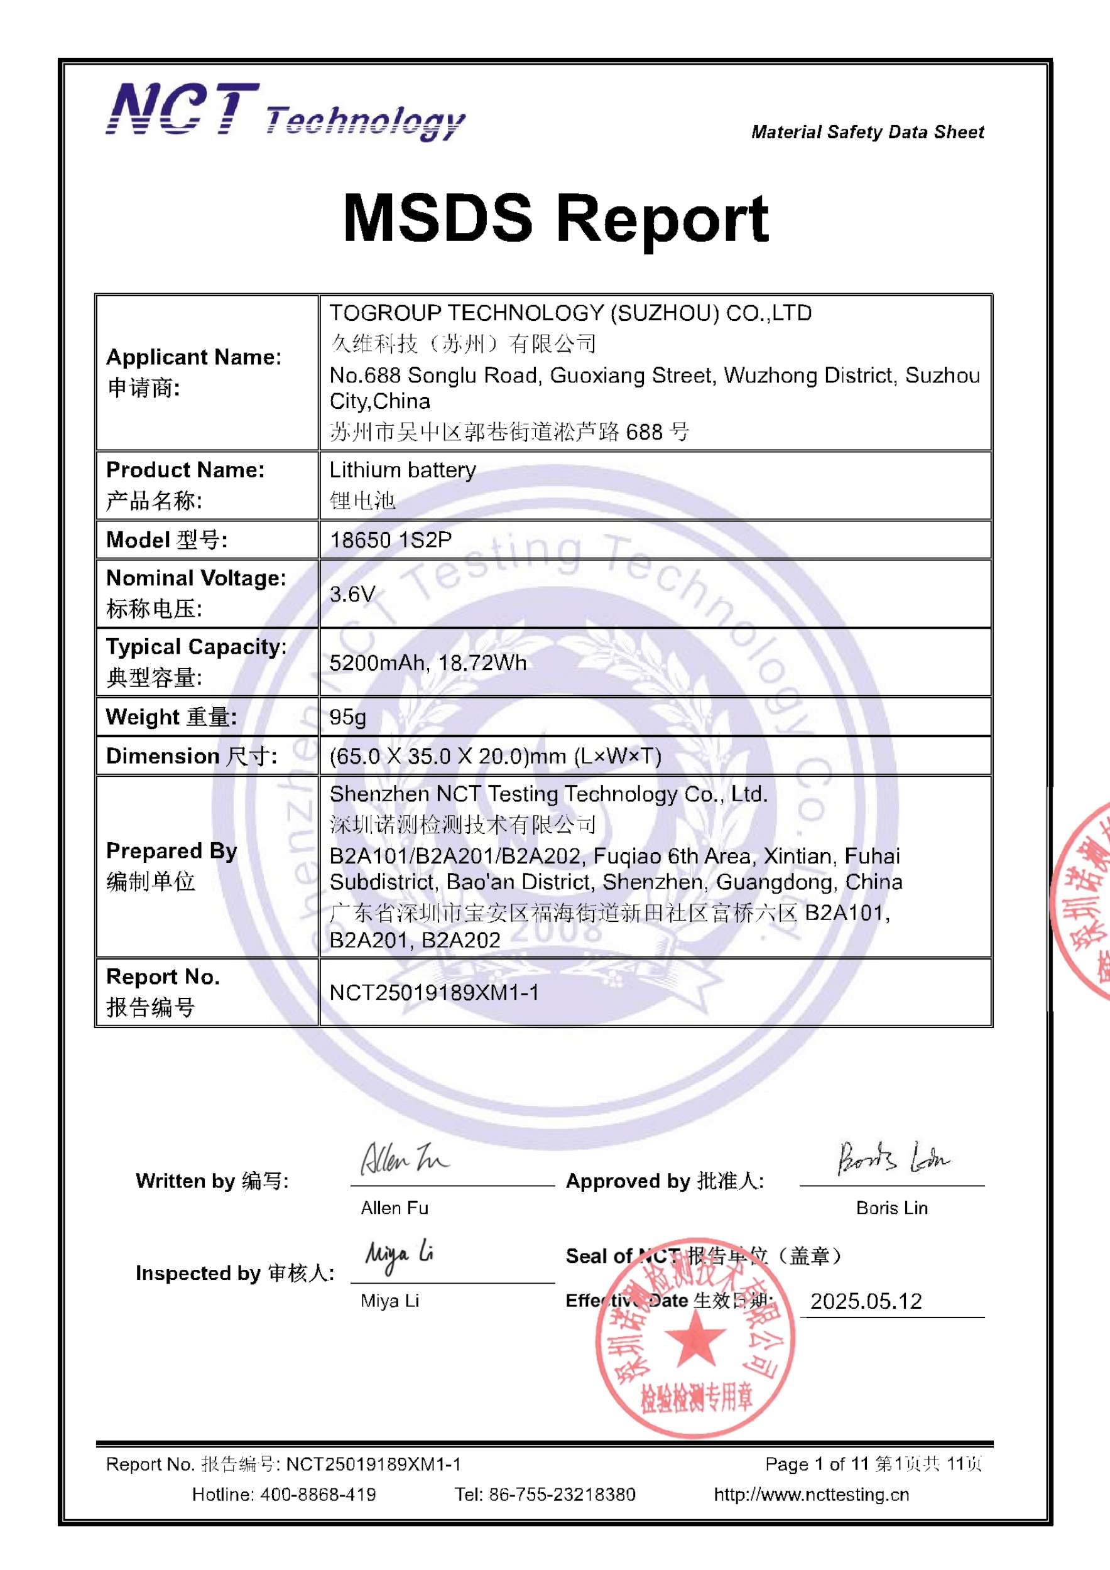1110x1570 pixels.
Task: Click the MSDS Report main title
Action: point(555,218)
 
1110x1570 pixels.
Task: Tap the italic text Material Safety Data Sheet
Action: point(868,132)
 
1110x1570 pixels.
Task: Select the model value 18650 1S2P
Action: point(391,540)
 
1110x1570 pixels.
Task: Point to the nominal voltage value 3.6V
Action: point(352,593)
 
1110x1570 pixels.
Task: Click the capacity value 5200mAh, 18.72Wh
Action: point(428,663)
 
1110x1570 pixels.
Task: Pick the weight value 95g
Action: point(347,717)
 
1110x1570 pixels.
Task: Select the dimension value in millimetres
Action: point(495,756)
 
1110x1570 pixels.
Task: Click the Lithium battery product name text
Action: point(403,470)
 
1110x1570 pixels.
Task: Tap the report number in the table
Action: point(434,992)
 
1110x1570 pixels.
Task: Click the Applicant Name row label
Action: point(193,357)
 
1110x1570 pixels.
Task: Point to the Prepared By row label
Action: point(171,851)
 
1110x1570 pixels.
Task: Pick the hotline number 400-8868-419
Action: point(318,1494)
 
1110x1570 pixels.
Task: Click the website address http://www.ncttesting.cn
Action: point(811,1494)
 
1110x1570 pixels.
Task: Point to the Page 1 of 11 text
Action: point(817,1464)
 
